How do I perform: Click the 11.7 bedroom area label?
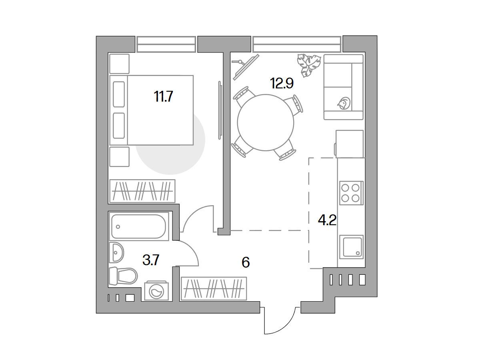tap(163, 96)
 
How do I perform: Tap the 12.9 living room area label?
tap(282, 83)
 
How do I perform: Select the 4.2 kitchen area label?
tap(327, 220)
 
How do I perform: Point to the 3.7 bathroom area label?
tap(151, 260)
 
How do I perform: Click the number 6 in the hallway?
tap(246, 262)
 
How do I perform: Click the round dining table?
tap(266, 123)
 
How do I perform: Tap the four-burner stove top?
tap(351, 193)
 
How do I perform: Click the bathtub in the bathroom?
tap(139, 226)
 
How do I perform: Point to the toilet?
tap(123, 276)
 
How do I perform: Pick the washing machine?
tap(156, 291)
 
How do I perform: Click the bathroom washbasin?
tap(116, 252)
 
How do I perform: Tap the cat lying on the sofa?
tap(344, 103)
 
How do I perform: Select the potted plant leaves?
tap(309, 65)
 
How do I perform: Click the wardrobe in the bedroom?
tap(142, 191)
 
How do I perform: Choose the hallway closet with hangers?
tap(214, 288)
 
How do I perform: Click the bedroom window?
tap(166, 44)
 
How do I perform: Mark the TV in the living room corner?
tap(246, 67)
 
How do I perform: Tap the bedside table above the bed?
tap(119, 64)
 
